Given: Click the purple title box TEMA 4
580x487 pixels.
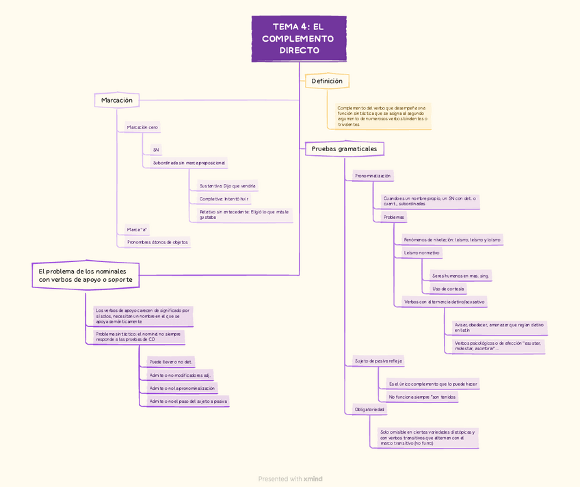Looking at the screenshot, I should pyautogui.click(x=299, y=39).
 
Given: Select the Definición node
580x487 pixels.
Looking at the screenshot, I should pyautogui.click(x=327, y=81).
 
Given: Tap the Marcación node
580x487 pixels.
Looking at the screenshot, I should pyautogui.click(x=117, y=101).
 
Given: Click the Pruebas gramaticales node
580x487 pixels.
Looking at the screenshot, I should pyautogui.click(x=344, y=148).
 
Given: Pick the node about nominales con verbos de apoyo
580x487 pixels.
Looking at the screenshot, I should pyautogui.click(x=85, y=276).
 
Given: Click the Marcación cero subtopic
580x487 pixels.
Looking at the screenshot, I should pyautogui.click(x=142, y=127).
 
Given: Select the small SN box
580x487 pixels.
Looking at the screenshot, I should pyautogui.click(x=156, y=150).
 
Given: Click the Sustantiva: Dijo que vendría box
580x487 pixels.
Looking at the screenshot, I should pyautogui.click(x=228, y=186).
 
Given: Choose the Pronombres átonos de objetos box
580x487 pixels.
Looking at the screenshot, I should pyautogui.click(x=157, y=242).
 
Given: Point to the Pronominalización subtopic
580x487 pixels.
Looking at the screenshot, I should pyautogui.click(x=373, y=176).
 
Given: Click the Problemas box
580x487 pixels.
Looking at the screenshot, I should pyautogui.click(x=394, y=217).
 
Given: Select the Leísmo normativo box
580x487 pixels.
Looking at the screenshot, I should pyautogui.click(x=422, y=252).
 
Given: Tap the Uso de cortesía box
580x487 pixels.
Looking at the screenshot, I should pyautogui.click(x=448, y=289).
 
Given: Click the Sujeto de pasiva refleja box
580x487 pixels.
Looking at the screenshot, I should pyautogui.click(x=378, y=360).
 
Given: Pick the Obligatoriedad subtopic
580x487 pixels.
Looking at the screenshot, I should pyautogui.click(x=369, y=410).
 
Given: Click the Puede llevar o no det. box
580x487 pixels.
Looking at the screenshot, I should pyautogui.click(x=171, y=362).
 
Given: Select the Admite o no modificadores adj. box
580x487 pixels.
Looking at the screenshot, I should pyautogui.click(x=179, y=375).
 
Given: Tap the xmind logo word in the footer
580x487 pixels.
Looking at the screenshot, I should pyautogui.click(x=313, y=479).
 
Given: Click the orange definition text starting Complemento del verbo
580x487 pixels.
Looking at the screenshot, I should pyautogui.click(x=382, y=116).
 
